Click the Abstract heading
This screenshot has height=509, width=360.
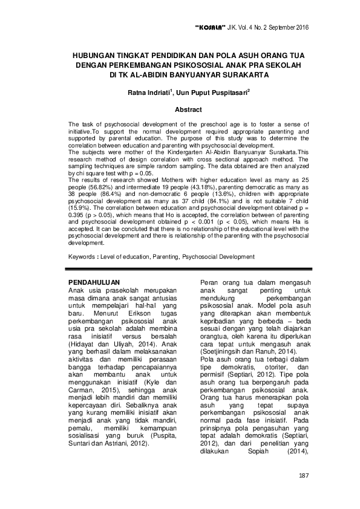click(x=188, y=110)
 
